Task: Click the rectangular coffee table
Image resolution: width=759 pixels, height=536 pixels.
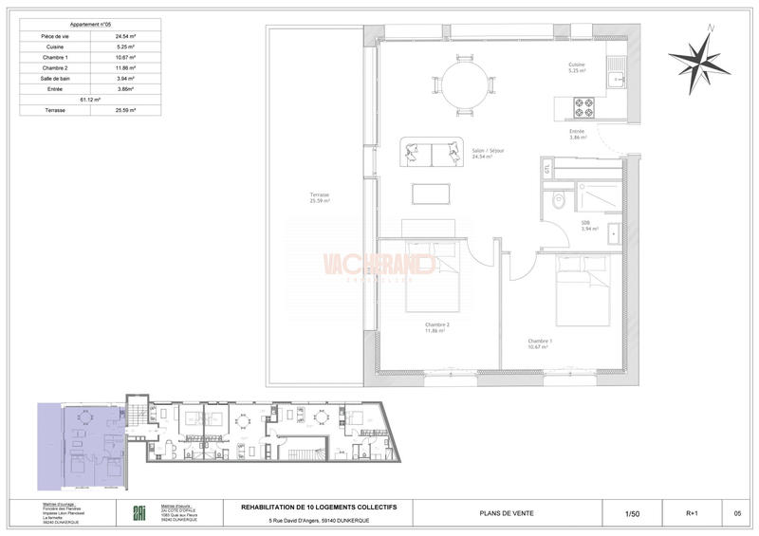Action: (x=432, y=192)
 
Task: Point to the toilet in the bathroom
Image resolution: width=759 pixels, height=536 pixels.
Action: (x=559, y=200)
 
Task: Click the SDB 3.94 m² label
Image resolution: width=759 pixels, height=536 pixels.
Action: (x=586, y=226)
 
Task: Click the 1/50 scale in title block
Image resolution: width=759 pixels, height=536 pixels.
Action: (x=632, y=513)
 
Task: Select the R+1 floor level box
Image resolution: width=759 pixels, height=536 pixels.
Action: (x=692, y=513)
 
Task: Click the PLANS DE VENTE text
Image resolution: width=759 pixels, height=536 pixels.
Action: (x=506, y=513)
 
